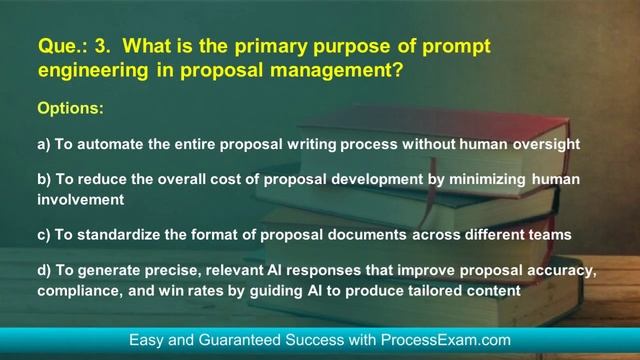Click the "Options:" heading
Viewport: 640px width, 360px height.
[70, 106]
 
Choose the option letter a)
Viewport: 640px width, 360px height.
[44, 144]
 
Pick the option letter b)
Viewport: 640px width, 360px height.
[44, 180]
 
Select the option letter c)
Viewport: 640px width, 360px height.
[44, 235]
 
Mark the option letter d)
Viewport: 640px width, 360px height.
[44, 273]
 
